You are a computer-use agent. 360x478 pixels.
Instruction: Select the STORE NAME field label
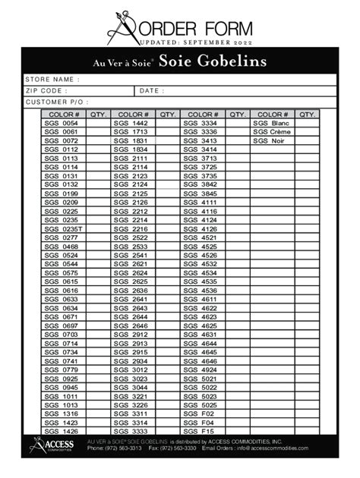pos(52,79)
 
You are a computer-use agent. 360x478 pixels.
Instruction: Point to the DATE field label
pos(151,90)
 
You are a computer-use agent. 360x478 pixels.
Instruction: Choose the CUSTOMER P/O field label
pos(56,101)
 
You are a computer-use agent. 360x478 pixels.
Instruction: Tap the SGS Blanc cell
pos(271,123)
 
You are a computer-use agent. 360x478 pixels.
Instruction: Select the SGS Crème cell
pos(272,132)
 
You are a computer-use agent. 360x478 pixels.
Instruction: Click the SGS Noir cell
pos(270,141)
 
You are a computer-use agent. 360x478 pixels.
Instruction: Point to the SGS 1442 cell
pos(131,123)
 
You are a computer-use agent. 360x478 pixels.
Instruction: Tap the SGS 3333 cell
pos(131,431)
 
